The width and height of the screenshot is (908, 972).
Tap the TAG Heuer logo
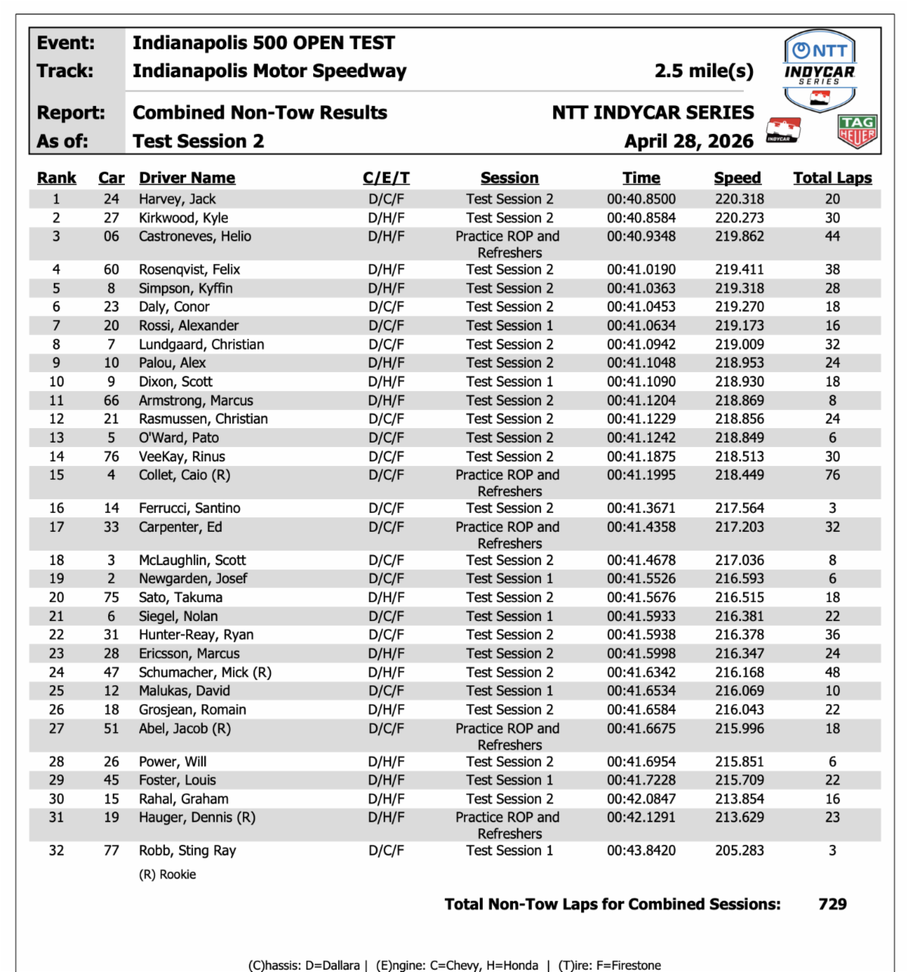[857, 132]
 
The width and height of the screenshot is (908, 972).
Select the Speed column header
[737, 178]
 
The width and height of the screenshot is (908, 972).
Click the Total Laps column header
[832, 178]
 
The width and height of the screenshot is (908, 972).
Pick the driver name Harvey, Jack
[177, 199]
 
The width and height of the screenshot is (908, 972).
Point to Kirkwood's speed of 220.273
[739, 218]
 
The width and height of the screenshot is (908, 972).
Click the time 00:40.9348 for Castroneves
[641, 236]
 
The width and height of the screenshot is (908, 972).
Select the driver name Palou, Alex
[172, 363]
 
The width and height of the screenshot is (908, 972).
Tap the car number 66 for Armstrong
[111, 401]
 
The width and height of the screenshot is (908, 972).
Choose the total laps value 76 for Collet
[832, 475]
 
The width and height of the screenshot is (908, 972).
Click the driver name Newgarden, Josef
[193, 579]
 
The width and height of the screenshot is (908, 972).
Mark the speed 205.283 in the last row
[739, 850]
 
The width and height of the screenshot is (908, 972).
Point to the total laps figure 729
[832, 904]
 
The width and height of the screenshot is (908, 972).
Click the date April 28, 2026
[689, 141]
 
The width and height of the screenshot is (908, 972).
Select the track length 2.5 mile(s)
[704, 71]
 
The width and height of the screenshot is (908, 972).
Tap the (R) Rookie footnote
[167, 874]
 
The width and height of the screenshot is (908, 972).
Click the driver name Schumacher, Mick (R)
[205, 672]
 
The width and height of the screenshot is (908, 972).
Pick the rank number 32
[57, 850]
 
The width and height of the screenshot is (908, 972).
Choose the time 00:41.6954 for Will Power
[641, 762]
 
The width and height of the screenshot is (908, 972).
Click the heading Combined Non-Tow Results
[260, 113]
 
